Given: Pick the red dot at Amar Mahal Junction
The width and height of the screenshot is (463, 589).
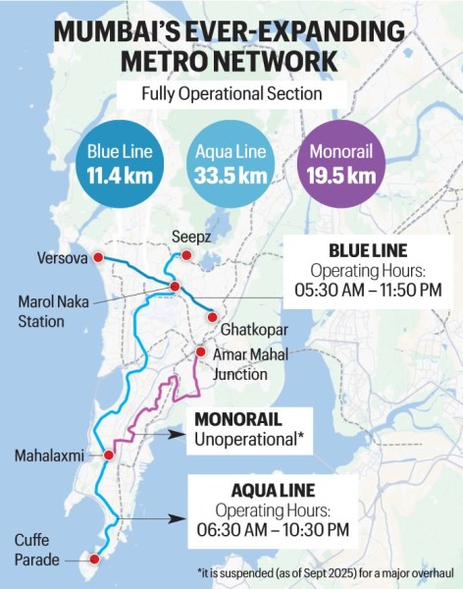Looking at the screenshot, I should click(200, 351).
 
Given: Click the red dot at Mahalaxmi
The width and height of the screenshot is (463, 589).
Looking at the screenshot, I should click(106, 455).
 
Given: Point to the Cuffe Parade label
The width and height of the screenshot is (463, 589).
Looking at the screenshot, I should click(37, 550).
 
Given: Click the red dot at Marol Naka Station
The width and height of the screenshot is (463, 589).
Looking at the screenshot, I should click(175, 287).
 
